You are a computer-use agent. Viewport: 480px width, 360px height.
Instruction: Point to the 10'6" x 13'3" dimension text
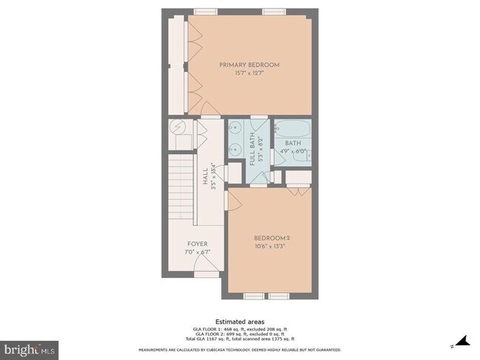pos(270,246)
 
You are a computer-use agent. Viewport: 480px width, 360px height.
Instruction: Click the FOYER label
pos(196,244)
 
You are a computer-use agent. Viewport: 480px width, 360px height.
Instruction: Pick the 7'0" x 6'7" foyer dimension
pos(196,252)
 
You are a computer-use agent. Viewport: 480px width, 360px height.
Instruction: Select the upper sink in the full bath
pos(235,128)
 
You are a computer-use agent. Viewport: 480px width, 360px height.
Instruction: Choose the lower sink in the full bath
pos(235,148)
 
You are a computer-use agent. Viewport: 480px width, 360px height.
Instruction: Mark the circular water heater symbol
pos(178,128)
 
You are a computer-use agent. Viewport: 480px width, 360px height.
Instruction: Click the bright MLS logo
pos(30,347)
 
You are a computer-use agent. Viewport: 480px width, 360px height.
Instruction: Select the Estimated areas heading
pos(239,322)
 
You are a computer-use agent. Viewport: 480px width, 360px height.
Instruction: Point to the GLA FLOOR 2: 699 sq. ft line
pos(239,335)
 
